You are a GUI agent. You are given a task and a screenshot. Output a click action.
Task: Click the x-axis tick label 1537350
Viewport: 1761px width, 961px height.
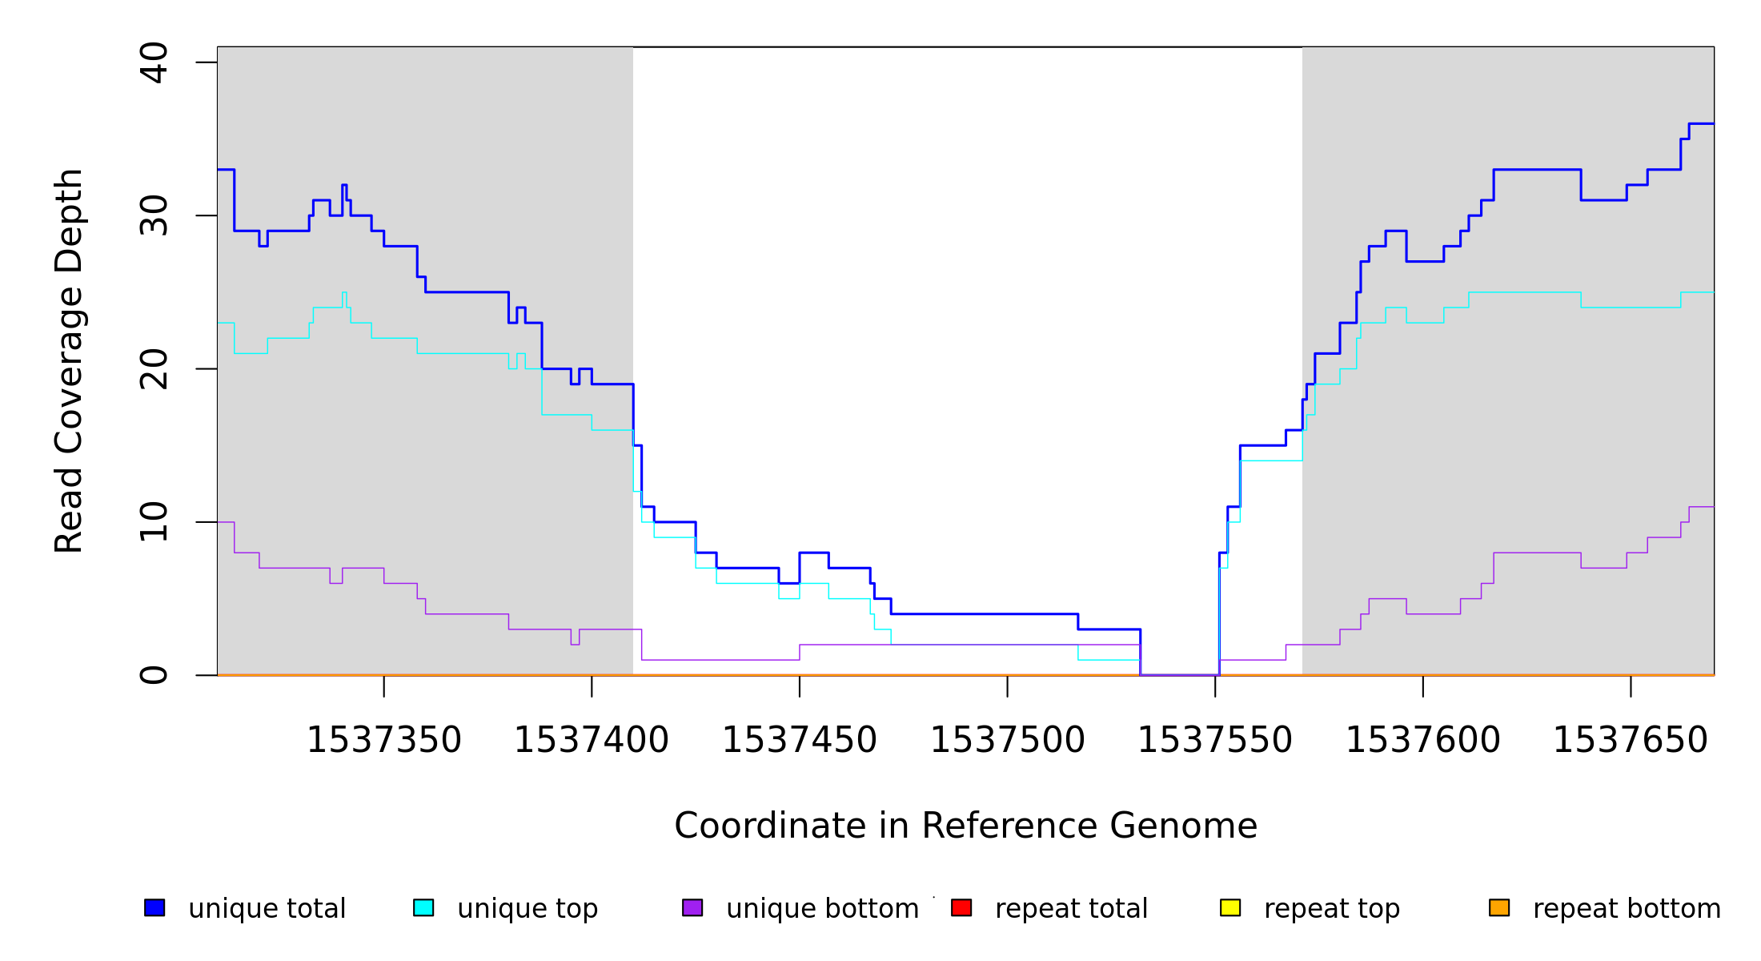384,741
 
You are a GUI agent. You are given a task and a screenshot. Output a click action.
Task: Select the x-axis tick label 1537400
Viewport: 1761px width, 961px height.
592,741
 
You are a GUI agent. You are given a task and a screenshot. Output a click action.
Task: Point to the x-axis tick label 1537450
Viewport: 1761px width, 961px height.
800,741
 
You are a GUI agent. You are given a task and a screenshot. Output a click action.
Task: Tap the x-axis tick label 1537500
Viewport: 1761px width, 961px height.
1007,741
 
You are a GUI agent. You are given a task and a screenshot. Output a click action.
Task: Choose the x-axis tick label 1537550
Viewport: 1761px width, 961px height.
1215,741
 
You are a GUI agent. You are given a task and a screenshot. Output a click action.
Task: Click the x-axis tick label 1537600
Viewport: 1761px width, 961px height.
1422,741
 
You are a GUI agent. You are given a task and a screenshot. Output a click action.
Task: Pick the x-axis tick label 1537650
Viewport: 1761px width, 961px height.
1631,741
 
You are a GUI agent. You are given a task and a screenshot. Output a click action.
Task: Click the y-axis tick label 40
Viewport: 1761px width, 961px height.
154,62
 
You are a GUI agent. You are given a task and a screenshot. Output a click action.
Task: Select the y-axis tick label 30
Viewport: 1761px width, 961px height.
154,215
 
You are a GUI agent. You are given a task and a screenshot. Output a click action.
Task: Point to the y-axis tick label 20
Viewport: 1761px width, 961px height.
154,369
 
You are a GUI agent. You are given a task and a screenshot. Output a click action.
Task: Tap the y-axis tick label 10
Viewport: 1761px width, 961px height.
154,522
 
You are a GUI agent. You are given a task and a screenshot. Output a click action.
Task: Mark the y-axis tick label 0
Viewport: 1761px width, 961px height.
154,675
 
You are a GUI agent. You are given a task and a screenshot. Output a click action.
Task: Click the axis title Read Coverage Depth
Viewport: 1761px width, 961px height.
69,360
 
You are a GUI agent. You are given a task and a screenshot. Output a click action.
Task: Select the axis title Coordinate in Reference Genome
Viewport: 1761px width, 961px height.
965,826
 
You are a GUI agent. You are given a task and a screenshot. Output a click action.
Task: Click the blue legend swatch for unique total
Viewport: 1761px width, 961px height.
154,907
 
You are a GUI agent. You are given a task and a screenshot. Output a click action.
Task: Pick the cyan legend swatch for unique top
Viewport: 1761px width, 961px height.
423,907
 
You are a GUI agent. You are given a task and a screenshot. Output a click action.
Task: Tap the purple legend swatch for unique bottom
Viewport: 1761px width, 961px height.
692,907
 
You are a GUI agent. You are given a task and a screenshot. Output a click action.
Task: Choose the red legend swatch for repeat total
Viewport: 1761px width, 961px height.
961,907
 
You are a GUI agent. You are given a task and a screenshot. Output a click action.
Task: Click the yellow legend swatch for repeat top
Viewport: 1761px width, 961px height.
1230,907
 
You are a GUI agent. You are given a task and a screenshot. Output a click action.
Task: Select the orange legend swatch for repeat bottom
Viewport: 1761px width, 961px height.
1499,907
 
